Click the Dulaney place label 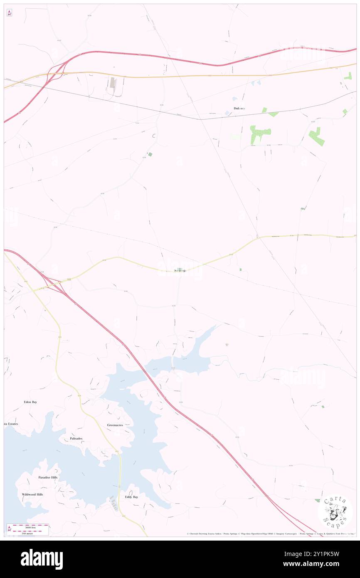(x=239, y=109)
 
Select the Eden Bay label (x=30, y=402)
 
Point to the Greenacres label (x=115, y=425)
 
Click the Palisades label (x=76, y=438)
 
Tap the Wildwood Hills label (x=32, y=494)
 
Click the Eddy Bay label (x=131, y=497)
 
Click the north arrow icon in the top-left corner (x=9, y=12)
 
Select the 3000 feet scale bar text (x=28, y=527)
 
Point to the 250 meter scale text (x=28, y=532)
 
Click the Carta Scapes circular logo (x=335, y=511)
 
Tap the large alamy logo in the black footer (x=42, y=559)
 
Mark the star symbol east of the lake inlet (x=227, y=344)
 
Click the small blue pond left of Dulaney (x=227, y=113)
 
